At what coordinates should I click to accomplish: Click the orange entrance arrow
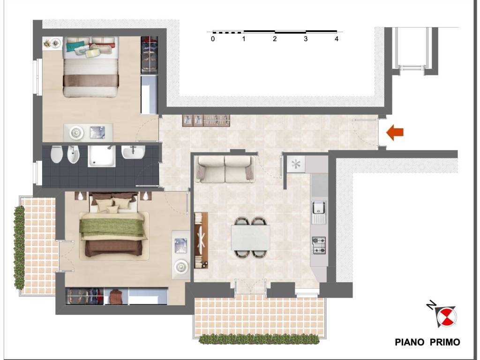pyautogui.click(x=395, y=133)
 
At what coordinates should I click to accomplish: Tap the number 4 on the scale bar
pyautogui.click(x=337, y=39)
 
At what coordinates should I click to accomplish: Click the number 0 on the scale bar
pyautogui.click(x=213, y=39)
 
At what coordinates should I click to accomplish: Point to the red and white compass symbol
pyautogui.click(x=447, y=316)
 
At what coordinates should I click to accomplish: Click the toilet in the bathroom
pyautogui.click(x=56, y=154)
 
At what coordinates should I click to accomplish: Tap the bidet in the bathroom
pyautogui.click(x=73, y=154)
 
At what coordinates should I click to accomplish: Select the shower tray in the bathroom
pyautogui.click(x=102, y=156)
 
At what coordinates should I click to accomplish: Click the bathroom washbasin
pyautogui.click(x=133, y=152)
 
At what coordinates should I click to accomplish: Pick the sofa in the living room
pyautogui.click(x=225, y=169)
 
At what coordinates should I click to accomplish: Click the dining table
pyautogui.click(x=250, y=237)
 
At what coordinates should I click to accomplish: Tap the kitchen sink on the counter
pyautogui.click(x=319, y=212)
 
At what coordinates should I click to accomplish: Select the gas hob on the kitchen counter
pyautogui.click(x=319, y=246)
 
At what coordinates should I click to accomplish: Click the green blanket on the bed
pyautogui.click(x=112, y=226)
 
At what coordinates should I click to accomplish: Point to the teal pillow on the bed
pyautogui.click(x=75, y=47)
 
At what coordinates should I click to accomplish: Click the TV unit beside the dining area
pyautogui.click(x=201, y=240)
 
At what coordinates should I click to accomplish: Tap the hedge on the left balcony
pyautogui.click(x=19, y=247)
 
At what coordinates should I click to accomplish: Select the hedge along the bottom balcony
pyautogui.click(x=259, y=339)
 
